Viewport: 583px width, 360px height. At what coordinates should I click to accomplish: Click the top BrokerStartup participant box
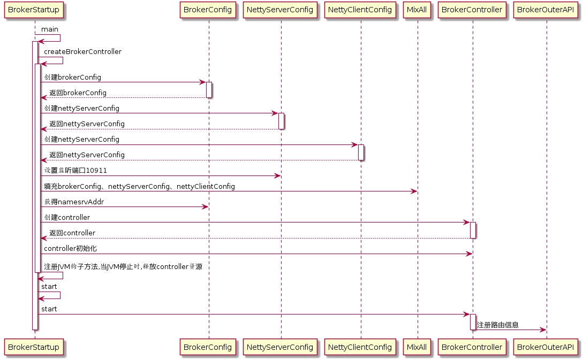click(x=34, y=10)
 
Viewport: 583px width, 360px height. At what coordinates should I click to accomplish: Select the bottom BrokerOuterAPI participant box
click(x=546, y=347)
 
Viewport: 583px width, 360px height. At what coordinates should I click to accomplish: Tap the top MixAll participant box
click(x=417, y=10)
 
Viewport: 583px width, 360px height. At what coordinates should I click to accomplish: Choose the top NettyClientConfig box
click(x=360, y=10)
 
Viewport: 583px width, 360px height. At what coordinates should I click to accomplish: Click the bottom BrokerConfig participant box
click(x=208, y=347)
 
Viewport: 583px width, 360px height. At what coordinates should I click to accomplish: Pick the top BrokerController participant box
click(x=472, y=10)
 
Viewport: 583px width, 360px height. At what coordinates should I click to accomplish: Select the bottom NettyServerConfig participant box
click(x=280, y=347)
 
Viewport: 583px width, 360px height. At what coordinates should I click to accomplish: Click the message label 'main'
click(x=49, y=29)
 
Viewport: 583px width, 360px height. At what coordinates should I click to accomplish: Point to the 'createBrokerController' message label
click(x=82, y=52)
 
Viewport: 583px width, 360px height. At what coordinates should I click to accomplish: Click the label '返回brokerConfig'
click(x=78, y=93)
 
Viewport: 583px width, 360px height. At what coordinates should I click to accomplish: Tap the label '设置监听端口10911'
click(x=75, y=171)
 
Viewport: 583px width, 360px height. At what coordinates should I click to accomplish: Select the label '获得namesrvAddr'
click(x=74, y=202)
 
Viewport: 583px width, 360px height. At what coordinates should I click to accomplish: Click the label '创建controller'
click(x=67, y=218)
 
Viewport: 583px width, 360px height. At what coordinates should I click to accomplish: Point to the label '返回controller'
click(x=72, y=233)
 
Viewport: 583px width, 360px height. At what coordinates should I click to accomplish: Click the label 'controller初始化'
click(x=70, y=249)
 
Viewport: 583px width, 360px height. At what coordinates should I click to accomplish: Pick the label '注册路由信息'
click(x=497, y=325)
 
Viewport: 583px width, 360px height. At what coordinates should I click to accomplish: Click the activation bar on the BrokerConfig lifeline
click(x=209, y=90)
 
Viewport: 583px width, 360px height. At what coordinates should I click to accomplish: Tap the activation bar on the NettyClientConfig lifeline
click(x=361, y=152)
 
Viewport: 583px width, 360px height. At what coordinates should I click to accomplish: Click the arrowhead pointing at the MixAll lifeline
click(x=414, y=192)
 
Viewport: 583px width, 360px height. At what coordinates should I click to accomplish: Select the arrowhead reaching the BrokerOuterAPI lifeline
click(x=543, y=330)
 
